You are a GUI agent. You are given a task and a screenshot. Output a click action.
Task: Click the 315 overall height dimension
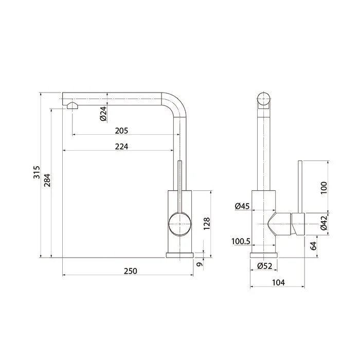tap(37, 172)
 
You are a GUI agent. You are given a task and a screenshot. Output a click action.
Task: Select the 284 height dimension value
tap(47, 180)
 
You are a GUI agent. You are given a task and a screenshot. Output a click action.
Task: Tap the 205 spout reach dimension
tap(121, 131)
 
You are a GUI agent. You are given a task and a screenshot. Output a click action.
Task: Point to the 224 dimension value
tap(121, 147)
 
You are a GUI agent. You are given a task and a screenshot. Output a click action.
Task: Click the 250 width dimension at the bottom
tap(131, 271)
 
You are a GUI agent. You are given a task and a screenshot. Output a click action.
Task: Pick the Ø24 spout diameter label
tap(103, 114)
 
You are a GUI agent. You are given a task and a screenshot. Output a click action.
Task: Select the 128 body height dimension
tap(207, 224)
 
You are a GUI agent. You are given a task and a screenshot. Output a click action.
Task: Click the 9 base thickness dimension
tap(200, 264)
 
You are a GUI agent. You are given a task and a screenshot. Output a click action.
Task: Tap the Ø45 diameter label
tap(242, 206)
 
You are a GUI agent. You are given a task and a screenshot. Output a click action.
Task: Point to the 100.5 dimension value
tap(241, 241)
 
